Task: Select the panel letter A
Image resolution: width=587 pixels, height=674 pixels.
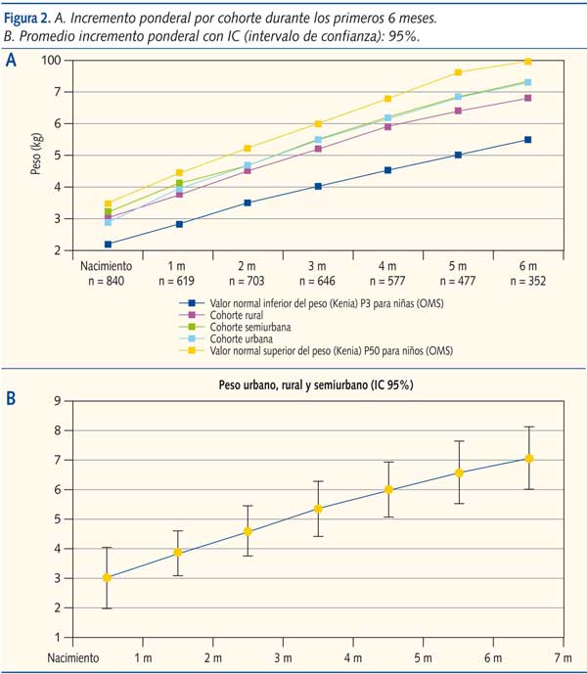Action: (x=11, y=60)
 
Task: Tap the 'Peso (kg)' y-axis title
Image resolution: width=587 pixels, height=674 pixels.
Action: (x=38, y=156)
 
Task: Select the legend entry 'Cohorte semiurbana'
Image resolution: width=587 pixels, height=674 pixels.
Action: (x=249, y=327)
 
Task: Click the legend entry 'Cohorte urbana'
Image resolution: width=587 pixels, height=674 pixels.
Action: (x=241, y=338)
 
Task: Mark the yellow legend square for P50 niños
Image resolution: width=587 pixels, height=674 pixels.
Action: (x=198, y=350)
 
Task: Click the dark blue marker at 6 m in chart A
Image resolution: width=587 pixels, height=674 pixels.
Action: (x=527, y=140)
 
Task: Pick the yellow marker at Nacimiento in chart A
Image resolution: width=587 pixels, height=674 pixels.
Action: (x=109, y=203)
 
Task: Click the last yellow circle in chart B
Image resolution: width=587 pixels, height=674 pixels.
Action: (x=529, y=459)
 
